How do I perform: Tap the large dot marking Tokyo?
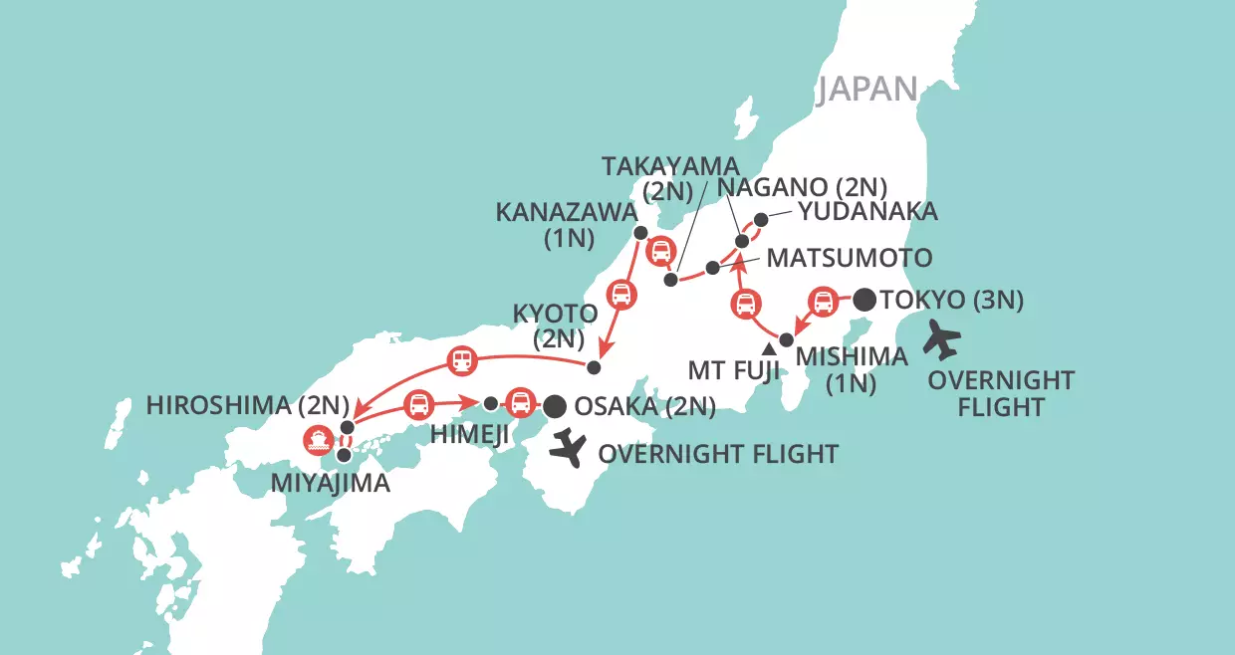[x=864, y=298]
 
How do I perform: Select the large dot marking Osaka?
[x=555, y=405]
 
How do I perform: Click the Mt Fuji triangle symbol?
[x=769, y=349]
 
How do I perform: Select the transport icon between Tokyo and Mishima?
[x=824, y=301]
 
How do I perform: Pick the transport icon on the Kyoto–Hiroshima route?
[x=461, y=360]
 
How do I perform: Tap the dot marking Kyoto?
[x=594, y=367]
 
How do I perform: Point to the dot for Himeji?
[x=490, y=404]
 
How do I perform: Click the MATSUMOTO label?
[x=849, y=258]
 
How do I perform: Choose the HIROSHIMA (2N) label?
[x=247, y=405]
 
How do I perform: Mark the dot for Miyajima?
[x=344, y=455]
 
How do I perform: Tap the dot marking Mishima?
[x=786, y=340]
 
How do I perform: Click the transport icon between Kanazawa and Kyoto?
[x=620, y=294]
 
